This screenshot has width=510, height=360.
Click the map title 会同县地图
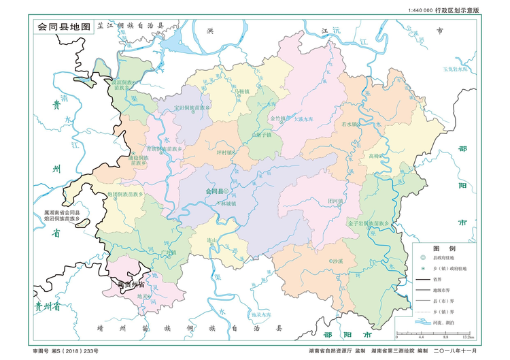(x=63, y=27)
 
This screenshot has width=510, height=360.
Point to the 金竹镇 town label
(x=279, y=118)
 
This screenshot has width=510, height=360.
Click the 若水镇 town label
(x=347, y=124)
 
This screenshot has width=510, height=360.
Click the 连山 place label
(x=212, y=240)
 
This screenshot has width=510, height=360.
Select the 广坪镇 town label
(x=169, y=252)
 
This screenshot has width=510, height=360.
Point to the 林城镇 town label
(x=228, y=203)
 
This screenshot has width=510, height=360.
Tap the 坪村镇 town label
(x=225, y=152)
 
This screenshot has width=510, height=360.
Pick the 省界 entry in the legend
(x=447, y=279)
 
